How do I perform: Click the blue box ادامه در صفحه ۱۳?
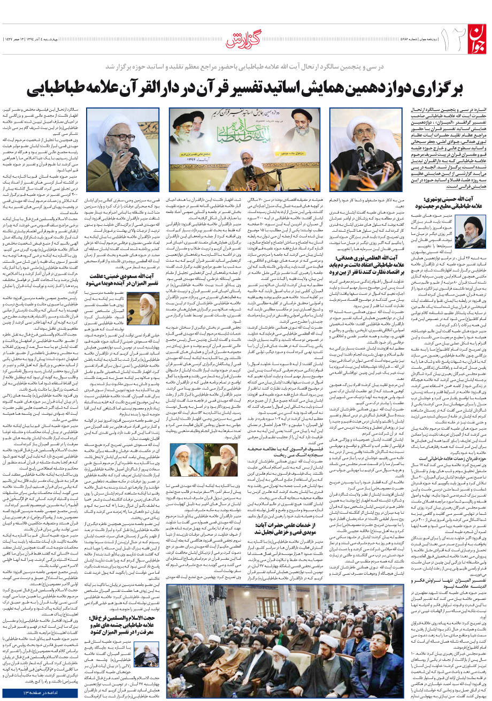42,693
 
